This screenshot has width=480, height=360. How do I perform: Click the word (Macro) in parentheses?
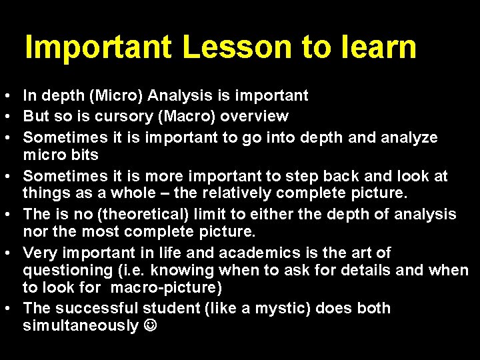coord(174,116)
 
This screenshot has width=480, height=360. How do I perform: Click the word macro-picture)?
coord(166,288)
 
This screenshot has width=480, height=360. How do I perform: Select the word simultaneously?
coord(80,326)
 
